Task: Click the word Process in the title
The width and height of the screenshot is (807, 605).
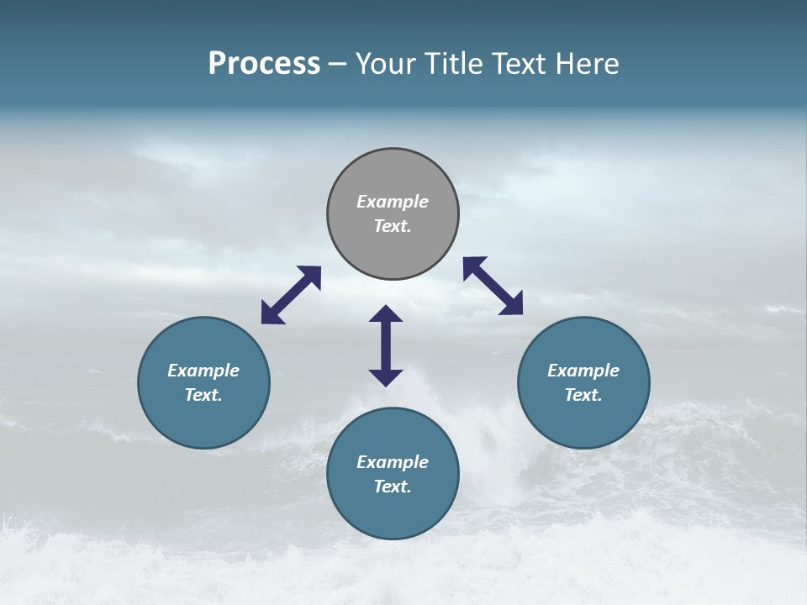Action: [264, 64]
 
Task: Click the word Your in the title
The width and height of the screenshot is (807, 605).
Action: [383, 64]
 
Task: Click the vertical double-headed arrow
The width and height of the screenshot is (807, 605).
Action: [386, 345]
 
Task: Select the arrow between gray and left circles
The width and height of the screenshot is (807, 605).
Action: [291, 295]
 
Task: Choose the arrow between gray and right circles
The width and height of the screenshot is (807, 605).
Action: [493, 286]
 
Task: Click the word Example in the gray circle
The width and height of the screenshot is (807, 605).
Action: [393, 202]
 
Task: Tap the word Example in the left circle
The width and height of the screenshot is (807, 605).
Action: [203, 371]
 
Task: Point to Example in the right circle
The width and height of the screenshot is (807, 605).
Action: [583, 371]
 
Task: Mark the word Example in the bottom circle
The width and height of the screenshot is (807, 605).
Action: [393, 462]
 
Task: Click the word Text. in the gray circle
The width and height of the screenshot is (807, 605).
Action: [393, 226]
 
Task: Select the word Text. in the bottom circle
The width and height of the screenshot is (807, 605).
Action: [393, 487]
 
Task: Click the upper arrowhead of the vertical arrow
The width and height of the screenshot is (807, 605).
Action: [386, 314]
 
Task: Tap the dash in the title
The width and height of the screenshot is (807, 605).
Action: [337, 65]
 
